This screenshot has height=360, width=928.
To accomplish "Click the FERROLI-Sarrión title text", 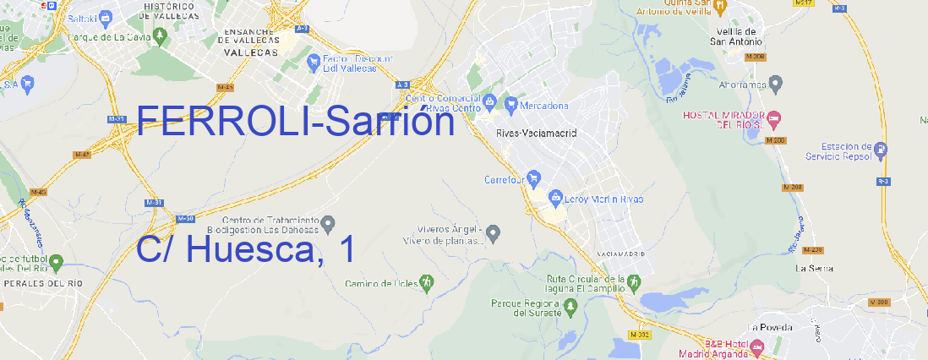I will [295, 123].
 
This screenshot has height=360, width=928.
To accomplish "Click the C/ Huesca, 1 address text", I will [245, 250].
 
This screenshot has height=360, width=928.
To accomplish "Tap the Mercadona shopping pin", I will [511, 104].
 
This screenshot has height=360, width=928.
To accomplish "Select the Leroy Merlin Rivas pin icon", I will [555, 199].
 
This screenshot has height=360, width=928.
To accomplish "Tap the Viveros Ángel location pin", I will [494, 232].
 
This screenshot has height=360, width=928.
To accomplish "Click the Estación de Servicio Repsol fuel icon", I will [882, 150].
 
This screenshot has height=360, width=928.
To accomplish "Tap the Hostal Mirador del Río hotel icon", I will [779, 117].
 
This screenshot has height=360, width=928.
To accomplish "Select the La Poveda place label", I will [770, 327].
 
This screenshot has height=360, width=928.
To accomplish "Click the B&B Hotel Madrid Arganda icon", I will [757, 346].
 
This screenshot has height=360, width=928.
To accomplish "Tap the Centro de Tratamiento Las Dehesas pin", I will [329, 223].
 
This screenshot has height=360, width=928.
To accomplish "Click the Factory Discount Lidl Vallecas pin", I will [315, 61].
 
